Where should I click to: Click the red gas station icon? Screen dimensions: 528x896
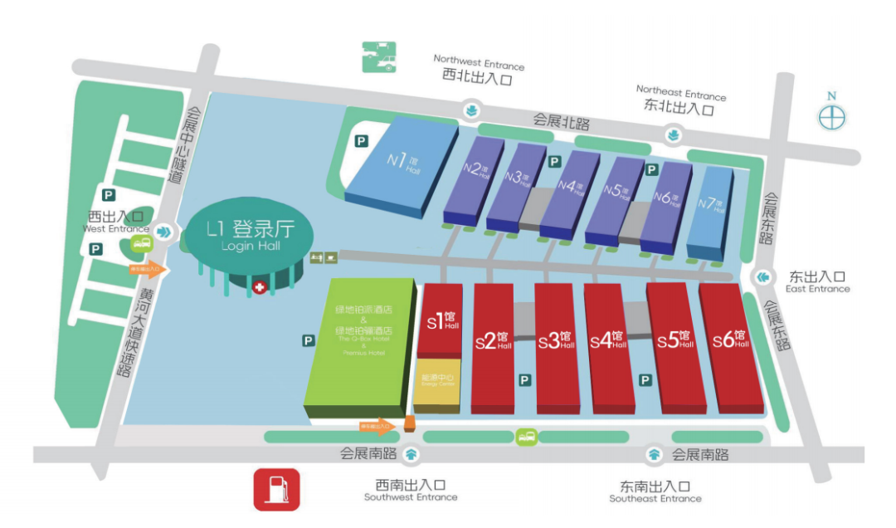click(275, 489)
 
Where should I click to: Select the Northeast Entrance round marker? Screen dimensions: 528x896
click(673, 134)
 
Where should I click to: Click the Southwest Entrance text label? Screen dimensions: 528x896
click(411, 491)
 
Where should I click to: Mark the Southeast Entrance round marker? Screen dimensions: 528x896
click(655, 454)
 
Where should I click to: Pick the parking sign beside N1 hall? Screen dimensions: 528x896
click(361, 141)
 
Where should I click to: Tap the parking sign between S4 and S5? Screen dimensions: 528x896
click(645, 379)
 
